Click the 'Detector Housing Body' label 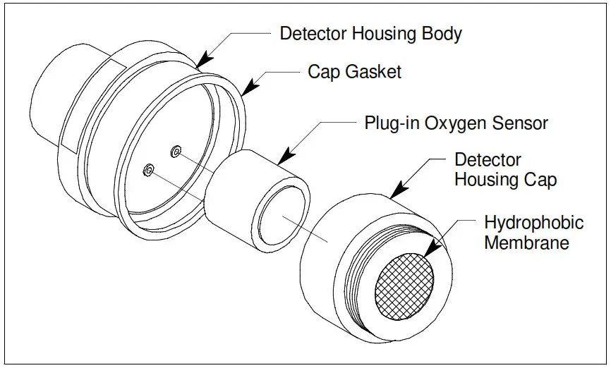pos(371,33)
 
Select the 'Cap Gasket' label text pos(354,71)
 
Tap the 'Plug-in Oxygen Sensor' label pos(456,123)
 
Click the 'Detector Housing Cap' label pos(505,170)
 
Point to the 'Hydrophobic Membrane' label pos(533,233)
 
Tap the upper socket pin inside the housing pos(176,150)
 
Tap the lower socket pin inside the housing pos(149,169)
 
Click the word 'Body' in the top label pos(443,33)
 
